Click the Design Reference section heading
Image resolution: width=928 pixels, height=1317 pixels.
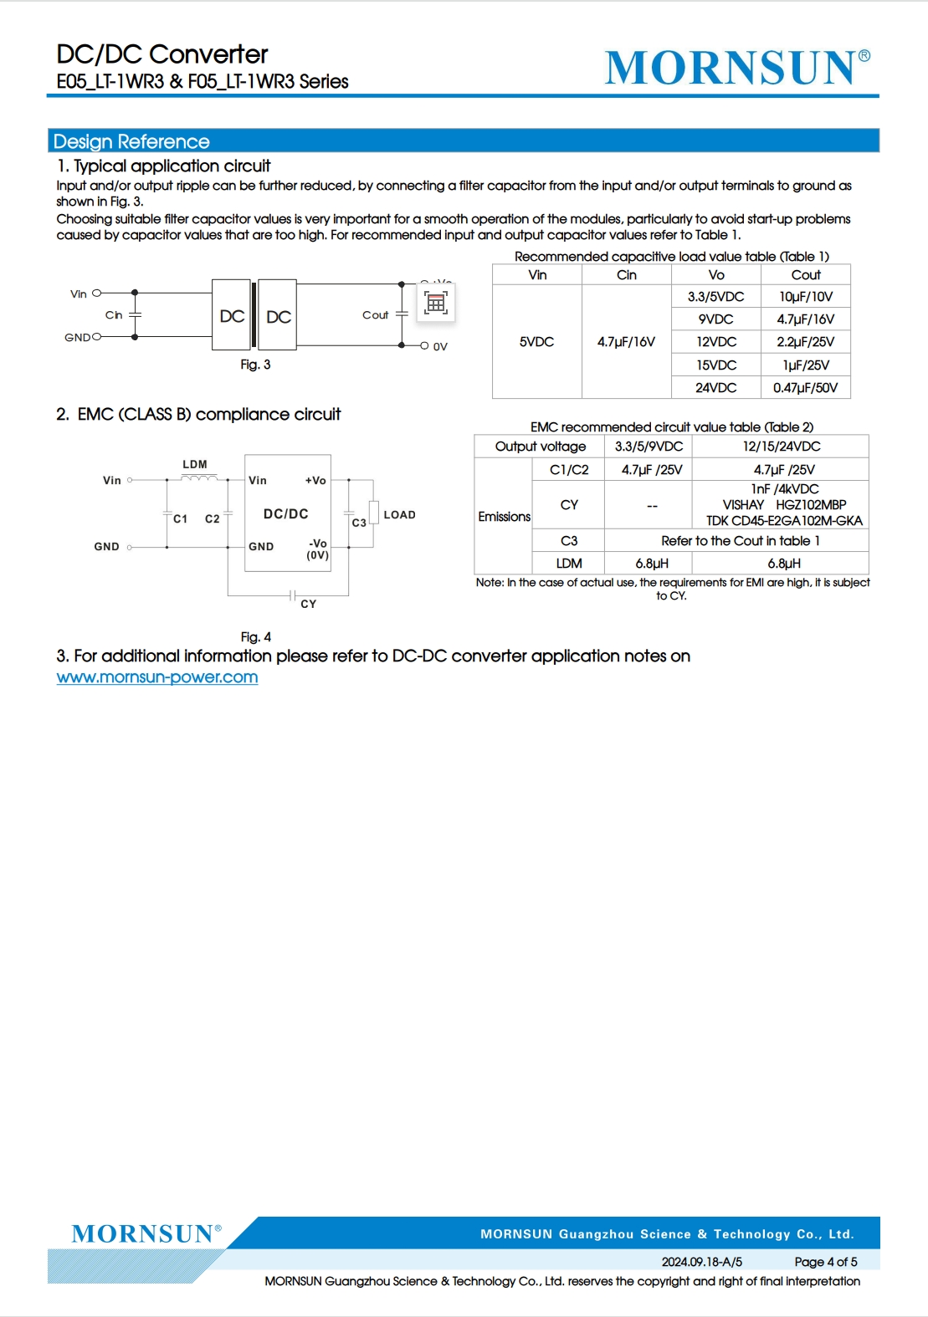coord(131,141)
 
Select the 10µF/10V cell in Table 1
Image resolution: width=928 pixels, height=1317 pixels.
coord(805,297)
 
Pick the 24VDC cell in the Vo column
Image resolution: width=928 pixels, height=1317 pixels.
coord(715,388)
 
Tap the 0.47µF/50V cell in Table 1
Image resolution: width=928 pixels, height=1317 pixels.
coord(805,388)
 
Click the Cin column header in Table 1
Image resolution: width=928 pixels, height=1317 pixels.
coord(626,275)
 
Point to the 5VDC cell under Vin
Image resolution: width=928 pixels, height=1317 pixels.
coord(536,342)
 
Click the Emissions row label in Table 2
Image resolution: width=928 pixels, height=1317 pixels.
coord(504,517)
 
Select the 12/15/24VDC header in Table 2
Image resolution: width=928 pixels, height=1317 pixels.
coord(781,447)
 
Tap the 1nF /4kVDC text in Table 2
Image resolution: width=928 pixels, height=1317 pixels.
coord(784,489)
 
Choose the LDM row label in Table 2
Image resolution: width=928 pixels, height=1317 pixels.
coord(569,564)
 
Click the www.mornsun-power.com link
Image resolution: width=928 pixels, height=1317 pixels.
coord(157,677)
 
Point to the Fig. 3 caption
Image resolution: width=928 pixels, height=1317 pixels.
coord(255,365)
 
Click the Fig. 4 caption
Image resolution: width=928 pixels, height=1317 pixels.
coord(255,637)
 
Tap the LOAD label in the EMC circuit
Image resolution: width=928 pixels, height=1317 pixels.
coord(399,515)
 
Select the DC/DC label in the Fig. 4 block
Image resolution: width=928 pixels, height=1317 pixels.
coord(285,514)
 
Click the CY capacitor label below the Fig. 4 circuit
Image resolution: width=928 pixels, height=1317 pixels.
coord(308,604)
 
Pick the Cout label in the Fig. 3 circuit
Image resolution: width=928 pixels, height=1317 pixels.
coord(375,315)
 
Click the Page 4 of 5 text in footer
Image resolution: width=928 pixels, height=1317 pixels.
coord(825,1262)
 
